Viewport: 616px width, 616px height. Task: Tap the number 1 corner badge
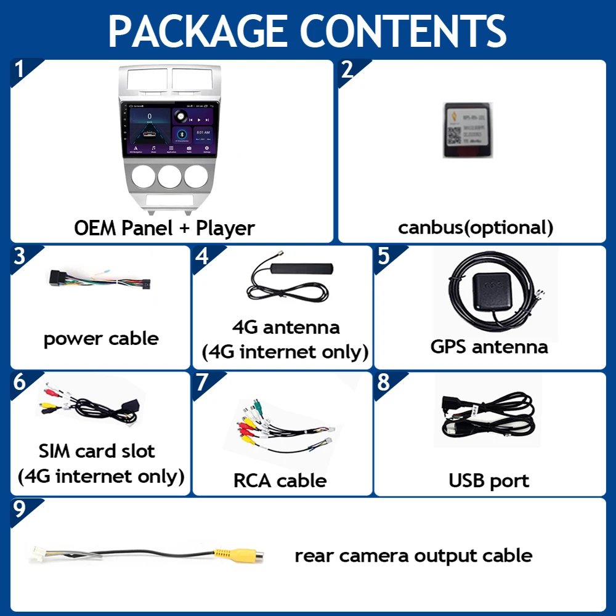tap(20, 70)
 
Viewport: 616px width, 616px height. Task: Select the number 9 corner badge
tap(20, 509)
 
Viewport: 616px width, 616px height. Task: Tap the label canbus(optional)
tap(476, 227)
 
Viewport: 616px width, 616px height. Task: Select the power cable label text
tap(101, 338)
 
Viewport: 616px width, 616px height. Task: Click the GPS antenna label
tap(489, 346)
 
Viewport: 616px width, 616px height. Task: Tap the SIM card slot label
tap(97, 451)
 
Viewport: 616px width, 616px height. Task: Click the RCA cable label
tap(280, 480)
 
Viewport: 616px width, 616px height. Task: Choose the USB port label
tap(488, 480)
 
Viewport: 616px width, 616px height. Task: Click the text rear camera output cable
tap(413, 555)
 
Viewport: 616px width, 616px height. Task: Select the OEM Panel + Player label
tap(164, 228)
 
